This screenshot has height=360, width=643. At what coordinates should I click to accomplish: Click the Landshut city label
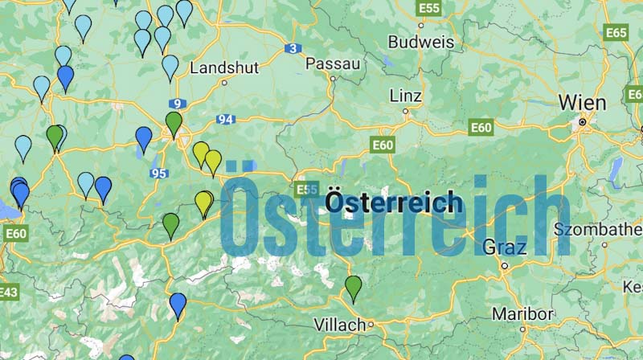(x=224, y=68)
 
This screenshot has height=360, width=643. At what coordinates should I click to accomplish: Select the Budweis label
(x=420, y=42)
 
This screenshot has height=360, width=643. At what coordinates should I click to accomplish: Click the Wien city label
(x=583, y=103)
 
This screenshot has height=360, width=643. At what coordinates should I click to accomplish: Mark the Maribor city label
(x=523, y=313)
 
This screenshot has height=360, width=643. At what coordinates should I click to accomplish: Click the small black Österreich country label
(x=393, y=201)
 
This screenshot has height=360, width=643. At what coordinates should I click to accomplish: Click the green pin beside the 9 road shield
(x=174, y=124)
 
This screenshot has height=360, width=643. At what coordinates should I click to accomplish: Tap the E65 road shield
(x=616, y=33)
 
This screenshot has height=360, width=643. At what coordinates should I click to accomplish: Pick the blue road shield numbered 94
(x=225, y=120)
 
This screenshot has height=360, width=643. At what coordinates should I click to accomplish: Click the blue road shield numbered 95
(x=158, y=174)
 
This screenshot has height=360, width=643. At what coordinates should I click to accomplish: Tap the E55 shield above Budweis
(x=429, y=8)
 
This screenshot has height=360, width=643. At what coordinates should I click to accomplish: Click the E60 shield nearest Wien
(x=481, y=128)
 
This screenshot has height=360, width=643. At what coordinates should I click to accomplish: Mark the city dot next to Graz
(x=505, y=265)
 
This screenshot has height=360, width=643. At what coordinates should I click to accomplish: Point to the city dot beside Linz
(x=407, y=112)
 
